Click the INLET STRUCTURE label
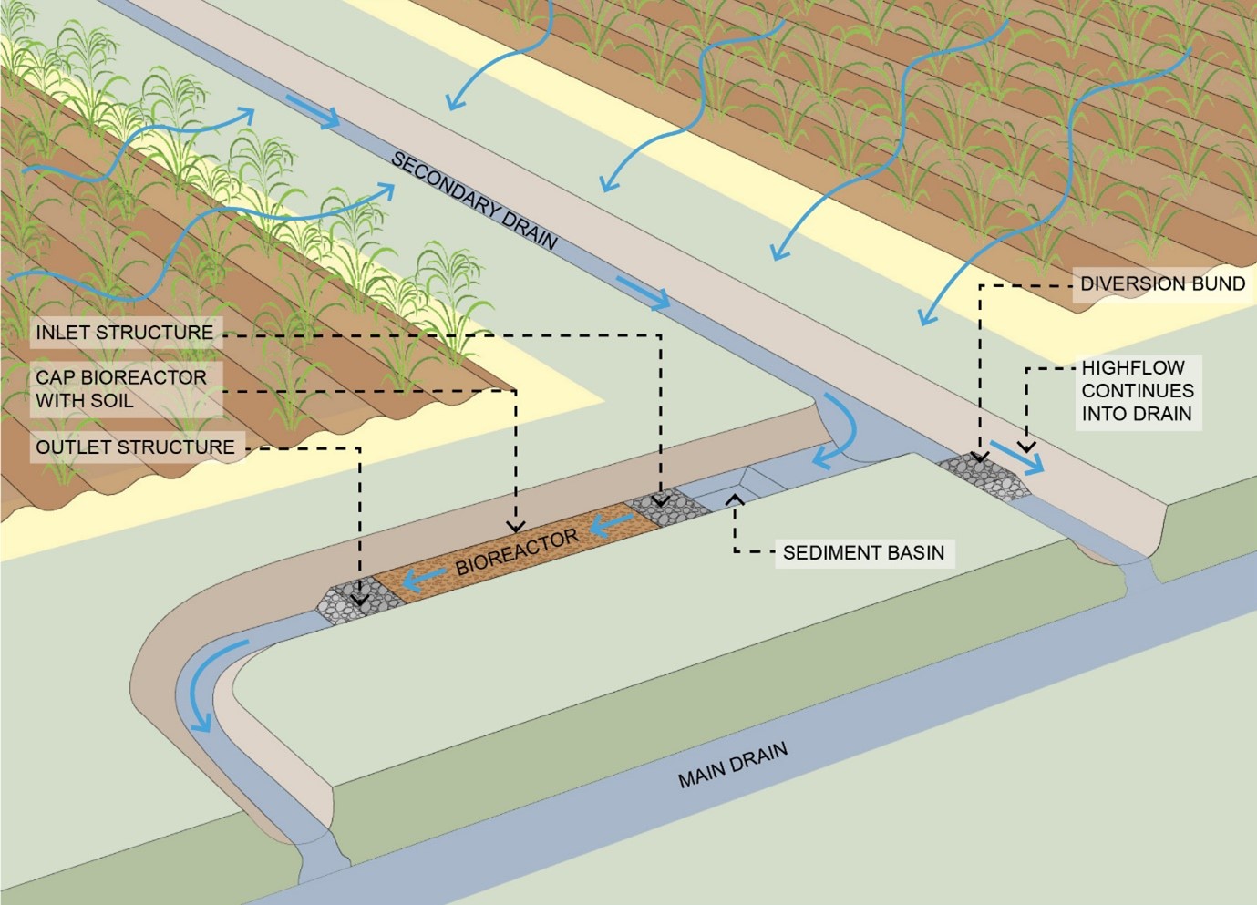point(124,333)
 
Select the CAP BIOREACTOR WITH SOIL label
point(121,389)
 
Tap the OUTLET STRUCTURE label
point(135,447)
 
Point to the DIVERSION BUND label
point(1162,284)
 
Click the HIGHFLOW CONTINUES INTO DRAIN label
point(1137,391)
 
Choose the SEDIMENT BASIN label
point(863,553)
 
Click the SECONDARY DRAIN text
point(474,201)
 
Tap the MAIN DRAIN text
point(732,766)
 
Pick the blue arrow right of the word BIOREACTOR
point(612,524)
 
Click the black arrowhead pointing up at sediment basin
point(735,499)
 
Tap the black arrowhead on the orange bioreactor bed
point(515,527)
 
